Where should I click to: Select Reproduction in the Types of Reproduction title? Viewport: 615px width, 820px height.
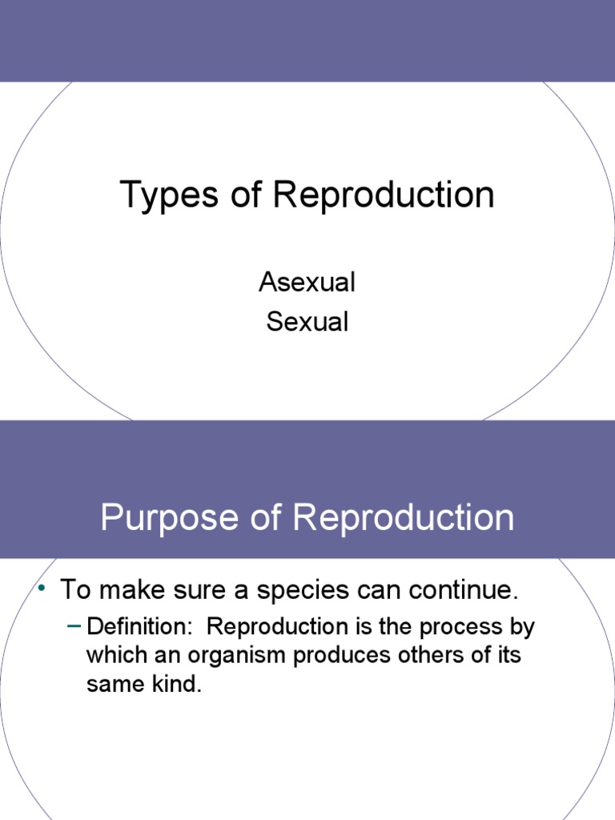click(x=384, y=196)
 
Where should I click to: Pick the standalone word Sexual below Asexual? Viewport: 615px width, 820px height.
click(x=307, y=322)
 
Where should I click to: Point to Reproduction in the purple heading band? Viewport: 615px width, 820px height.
click(x=404, y=518)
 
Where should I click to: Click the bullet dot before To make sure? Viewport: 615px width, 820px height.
click(x=40, y=589)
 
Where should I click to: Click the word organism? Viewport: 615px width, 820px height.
click(x=235, y=655)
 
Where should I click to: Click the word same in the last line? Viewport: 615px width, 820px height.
click(x=113, y=685)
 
